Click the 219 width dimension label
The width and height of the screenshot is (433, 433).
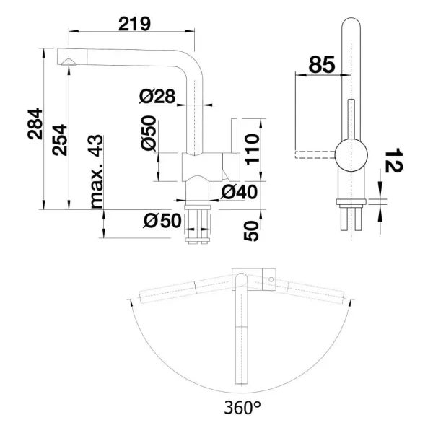[x=134, y=24]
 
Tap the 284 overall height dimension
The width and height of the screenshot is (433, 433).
[x=35, y=123]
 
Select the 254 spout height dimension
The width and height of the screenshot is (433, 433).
[x=60, y=140]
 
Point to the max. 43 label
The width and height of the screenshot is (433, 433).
[x=97, y=172]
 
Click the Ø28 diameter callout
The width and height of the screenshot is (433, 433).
[x=157, y=97]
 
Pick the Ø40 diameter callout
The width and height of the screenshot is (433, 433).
[x=239, y=192]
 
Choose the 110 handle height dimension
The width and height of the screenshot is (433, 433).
[x=253, y=149]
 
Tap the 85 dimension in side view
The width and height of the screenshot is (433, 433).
[x=321, y=65]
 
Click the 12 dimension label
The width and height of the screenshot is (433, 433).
[x=393, y=160]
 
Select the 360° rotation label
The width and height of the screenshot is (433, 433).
[x=242, y=407]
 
